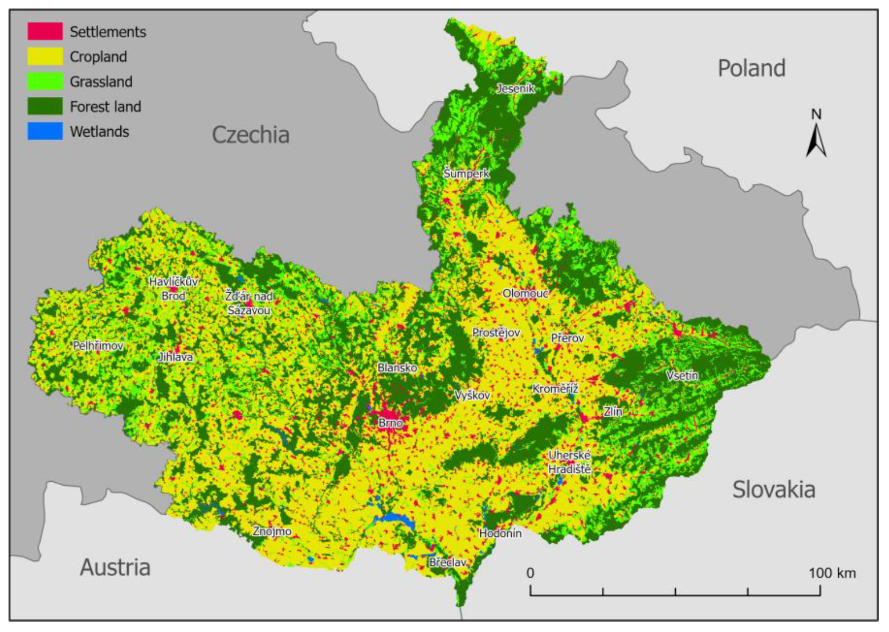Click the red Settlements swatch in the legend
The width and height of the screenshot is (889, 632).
[45, 31]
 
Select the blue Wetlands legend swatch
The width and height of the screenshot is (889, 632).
[45, 132]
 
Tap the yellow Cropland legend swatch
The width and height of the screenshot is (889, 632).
[45, 56]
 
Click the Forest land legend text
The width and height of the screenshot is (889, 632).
[105, 106]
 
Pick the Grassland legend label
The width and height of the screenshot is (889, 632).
[101, 81]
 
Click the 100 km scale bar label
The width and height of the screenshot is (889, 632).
[832, 573]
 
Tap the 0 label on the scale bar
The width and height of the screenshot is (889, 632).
[531, 573]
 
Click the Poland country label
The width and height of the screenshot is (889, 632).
[751, 68]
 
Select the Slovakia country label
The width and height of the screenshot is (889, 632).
[773, 490]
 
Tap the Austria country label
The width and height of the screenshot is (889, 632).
[115, 568]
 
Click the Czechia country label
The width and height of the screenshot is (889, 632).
[251, 135]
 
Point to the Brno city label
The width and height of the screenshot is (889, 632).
[390, 423]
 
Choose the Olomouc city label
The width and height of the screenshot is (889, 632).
[525, 293]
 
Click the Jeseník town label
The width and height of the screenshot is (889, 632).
[516, 88]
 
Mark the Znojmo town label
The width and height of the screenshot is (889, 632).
[272, 531]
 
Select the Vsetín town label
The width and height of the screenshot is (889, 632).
[682, 375]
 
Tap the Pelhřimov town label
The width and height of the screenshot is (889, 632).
[98, 346]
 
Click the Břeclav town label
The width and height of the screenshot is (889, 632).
[448, 563]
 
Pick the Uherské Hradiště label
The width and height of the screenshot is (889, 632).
[569, 462]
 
